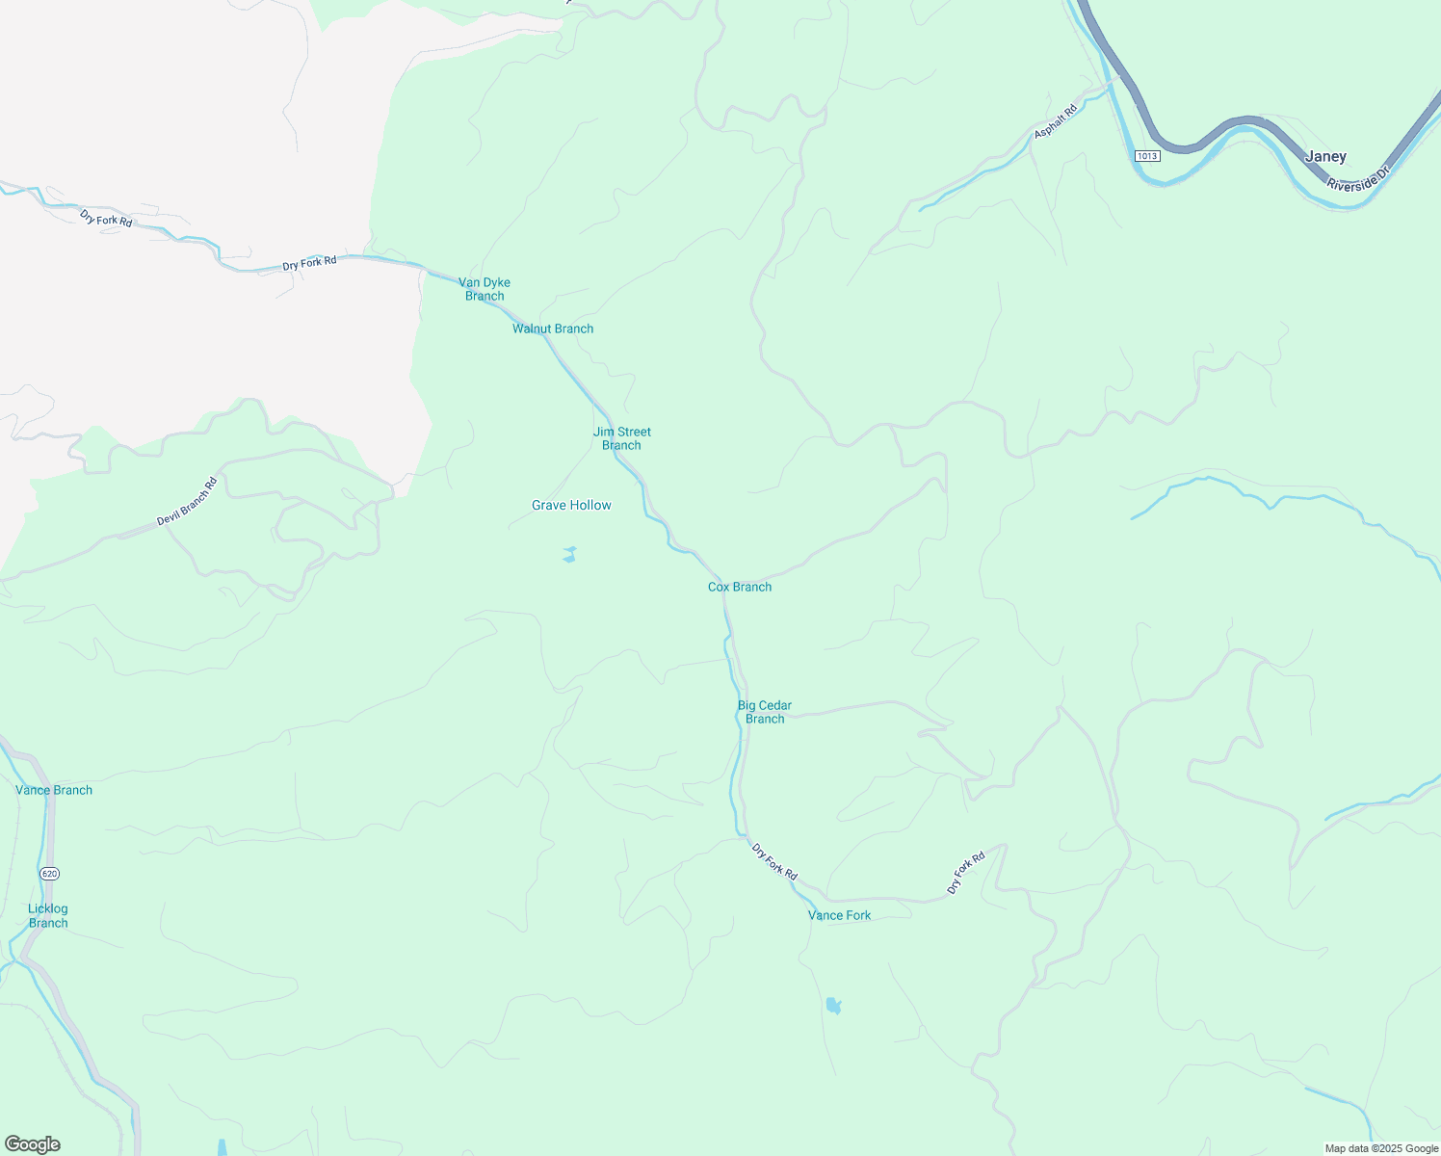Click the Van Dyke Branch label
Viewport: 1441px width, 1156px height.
pos(485,289)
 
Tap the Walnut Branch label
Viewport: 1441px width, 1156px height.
pos(553,328)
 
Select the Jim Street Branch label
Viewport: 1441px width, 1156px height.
pos(622,438)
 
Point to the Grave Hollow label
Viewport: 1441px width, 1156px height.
pos(571,505)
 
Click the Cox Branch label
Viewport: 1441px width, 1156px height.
pos(740,587)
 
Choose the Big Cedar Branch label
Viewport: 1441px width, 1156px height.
pos(765,712)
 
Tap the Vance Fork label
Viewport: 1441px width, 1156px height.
pos(839,915)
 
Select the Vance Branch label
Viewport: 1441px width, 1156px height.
pos(54,790)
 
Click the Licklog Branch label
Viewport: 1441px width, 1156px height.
pos(48,915)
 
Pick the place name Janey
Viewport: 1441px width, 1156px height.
pos(1325,156)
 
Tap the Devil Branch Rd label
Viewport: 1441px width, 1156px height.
pos(187,502)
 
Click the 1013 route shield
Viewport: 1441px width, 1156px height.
pos(1147,156)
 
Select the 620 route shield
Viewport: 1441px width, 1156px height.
pos(50,873)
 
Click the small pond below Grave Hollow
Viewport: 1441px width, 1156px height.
pos(569,554)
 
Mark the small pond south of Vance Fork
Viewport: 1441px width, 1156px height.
pos(833,1006)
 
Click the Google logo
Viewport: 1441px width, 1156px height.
pos(33,1144)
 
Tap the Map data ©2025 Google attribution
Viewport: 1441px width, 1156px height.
pos(1381,1148)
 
